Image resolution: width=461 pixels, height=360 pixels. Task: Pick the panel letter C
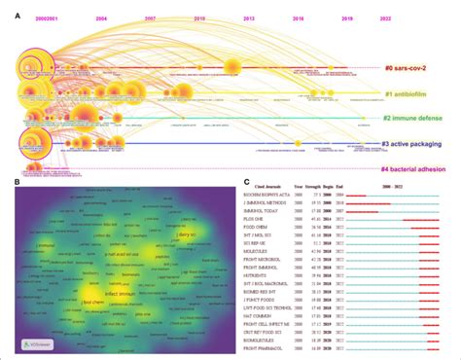tap(247, 180)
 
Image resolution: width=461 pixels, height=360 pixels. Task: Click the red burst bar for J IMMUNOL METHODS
tap(362, 203)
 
